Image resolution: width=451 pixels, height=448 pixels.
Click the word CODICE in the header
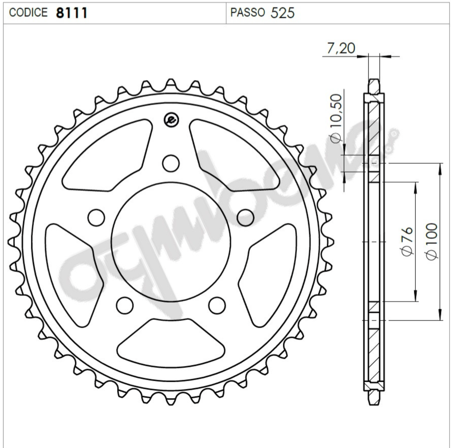(x=28, y=12)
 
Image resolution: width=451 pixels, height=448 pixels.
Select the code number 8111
(x=72, y=13)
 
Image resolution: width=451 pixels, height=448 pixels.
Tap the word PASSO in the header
(x=248, y=12)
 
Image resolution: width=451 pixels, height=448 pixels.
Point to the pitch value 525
(x=283, y=13)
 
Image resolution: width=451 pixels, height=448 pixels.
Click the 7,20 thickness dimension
(x=341, y=48)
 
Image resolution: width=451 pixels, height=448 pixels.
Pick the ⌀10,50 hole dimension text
(x=336, y=118)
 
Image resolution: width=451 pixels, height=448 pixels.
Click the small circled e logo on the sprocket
(x=171, y=120)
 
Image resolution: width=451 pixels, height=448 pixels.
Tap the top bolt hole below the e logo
(x=171, y=163)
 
